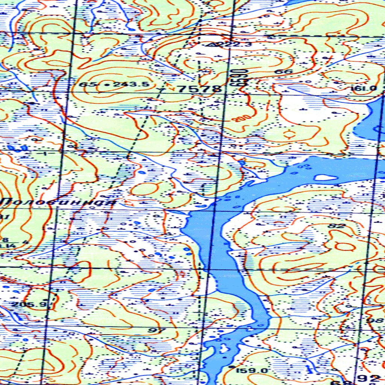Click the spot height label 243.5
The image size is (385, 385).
point(131,85)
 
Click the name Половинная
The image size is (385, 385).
point(58,202)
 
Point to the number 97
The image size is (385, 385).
point(157,330)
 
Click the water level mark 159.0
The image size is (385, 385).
point(252,371)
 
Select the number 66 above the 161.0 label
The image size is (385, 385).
point(289,71)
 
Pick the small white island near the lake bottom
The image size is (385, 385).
point(224,348)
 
